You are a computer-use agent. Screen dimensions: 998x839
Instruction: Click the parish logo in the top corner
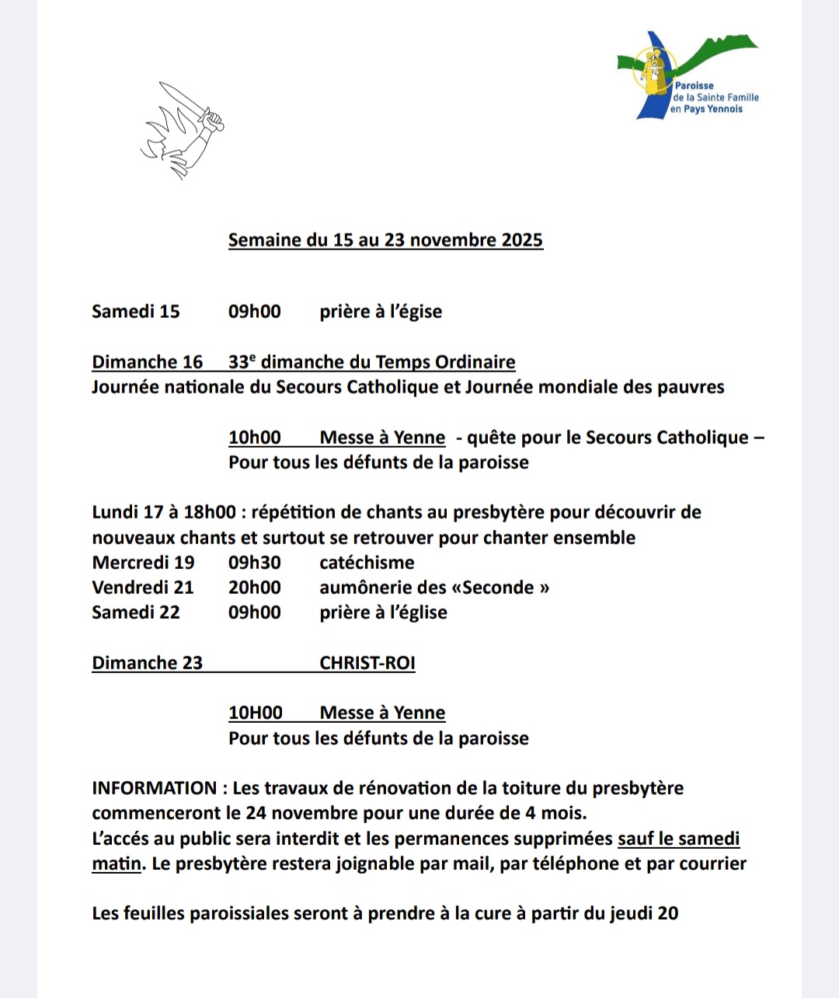688,76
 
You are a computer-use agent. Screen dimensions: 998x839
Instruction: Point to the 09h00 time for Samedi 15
254,312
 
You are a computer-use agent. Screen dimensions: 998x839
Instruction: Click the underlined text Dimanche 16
147,362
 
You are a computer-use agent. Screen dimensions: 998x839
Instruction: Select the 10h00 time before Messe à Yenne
254,438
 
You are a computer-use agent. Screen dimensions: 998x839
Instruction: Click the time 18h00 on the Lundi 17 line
210,512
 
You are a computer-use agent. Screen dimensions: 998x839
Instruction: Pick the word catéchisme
367,563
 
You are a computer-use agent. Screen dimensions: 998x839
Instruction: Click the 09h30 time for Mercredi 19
254,563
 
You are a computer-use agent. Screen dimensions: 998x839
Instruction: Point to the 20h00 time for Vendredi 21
254,588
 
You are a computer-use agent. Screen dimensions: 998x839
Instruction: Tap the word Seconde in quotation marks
498,588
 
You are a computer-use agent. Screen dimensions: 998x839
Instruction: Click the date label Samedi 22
136,612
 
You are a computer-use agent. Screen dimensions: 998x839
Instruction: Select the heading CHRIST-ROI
367,663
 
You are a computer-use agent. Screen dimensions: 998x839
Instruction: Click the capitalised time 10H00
255,713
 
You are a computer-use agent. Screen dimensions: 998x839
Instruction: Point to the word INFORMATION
154,788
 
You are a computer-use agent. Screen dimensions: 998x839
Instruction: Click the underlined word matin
117,864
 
